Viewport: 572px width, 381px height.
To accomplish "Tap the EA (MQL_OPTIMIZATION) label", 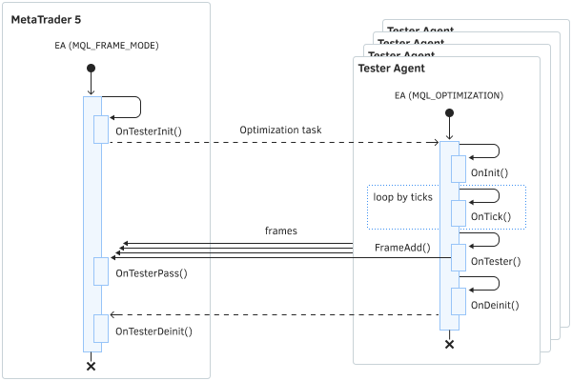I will [x=448, y=95].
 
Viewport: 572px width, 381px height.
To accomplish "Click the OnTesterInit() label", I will [x=148, y=130].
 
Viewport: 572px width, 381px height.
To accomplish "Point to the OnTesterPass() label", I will [x=151, y=273].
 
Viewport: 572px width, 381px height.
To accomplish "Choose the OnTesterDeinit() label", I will [x=153, y=331].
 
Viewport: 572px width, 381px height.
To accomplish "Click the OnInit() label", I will [x=489, y=173].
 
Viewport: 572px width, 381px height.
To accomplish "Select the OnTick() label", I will [x=491, y=216].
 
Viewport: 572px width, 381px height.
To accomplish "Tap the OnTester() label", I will [x=496, y=260].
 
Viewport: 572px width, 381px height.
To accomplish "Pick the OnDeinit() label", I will [x=495, y=305].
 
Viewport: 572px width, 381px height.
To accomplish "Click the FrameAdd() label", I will [x=402, y=248].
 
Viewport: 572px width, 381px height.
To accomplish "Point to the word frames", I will [x=280, y=231].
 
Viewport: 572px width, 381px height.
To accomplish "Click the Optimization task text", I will [x=280, y=130].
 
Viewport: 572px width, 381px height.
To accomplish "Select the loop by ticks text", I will [x=403, y=196].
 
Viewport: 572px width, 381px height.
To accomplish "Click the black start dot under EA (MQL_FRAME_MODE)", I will [x=92, y=68].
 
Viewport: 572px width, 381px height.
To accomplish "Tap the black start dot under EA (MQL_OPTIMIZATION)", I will [x=448, y=113].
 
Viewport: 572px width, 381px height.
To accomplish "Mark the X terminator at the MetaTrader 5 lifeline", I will [x=92, y=366].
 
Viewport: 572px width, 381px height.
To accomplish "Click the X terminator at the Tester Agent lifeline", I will [x=448, y=344].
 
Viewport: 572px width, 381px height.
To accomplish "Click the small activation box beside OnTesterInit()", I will [x=100, y=130].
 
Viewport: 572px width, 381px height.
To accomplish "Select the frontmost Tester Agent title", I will [x=391, y=69].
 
